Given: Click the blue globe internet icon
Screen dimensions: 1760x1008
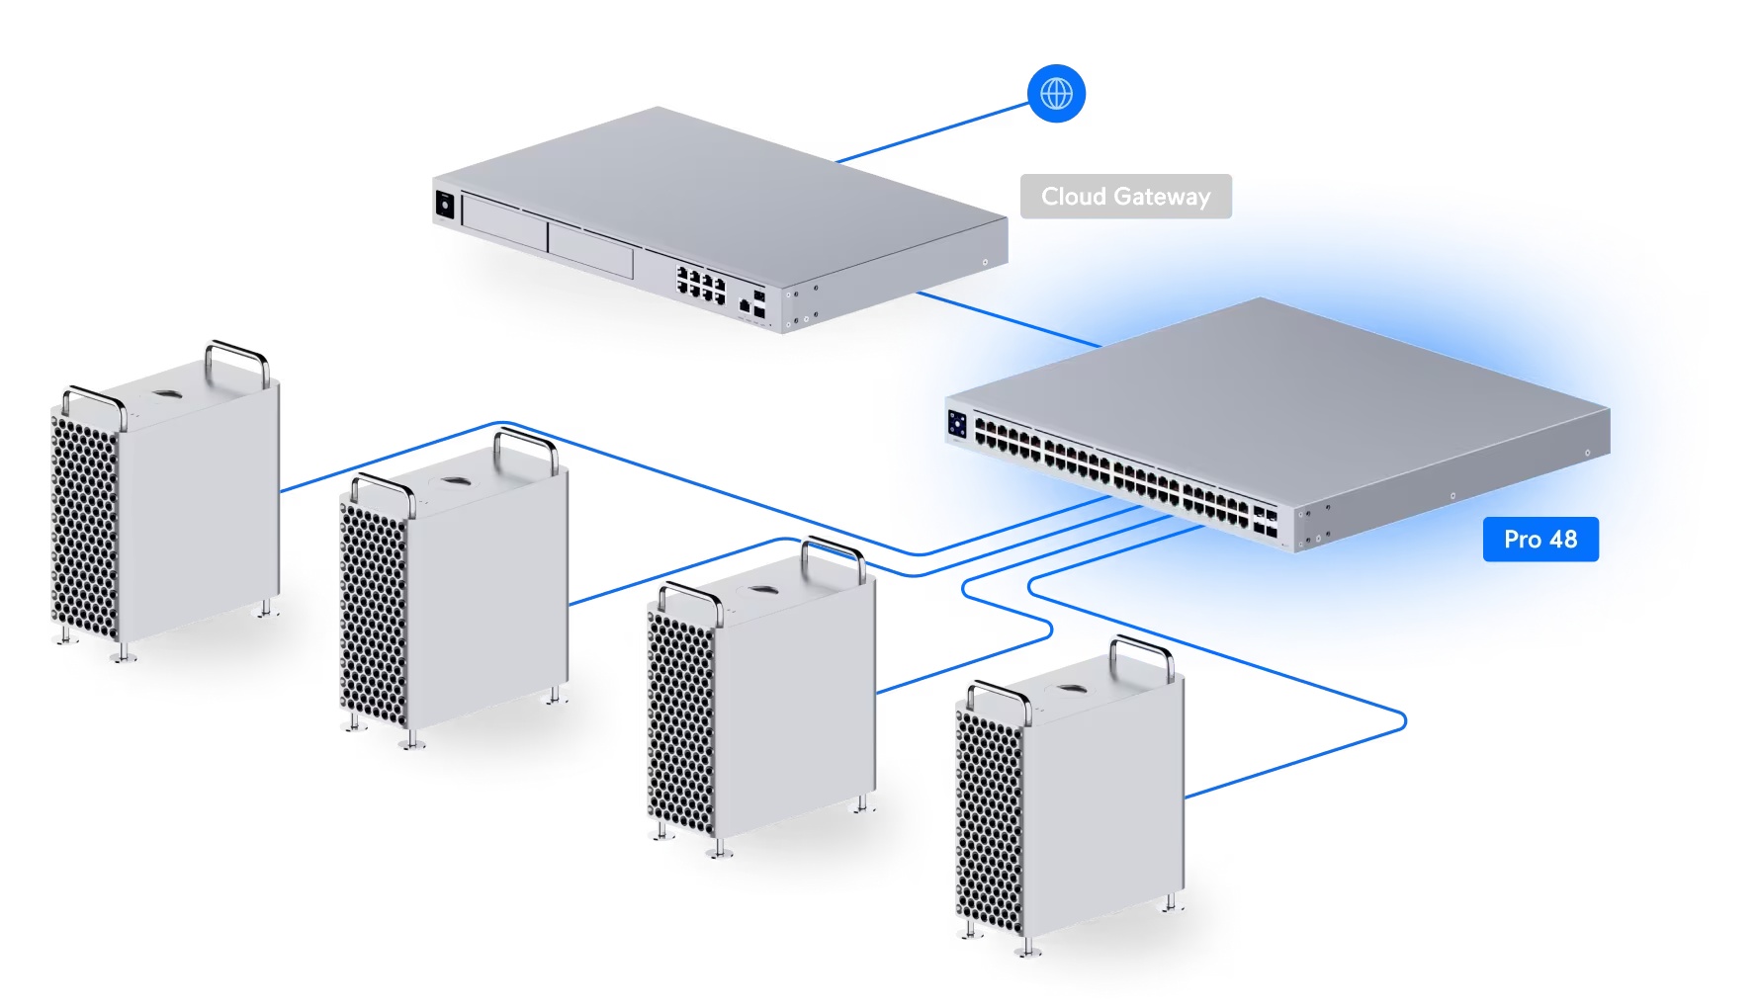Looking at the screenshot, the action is (1056, 94).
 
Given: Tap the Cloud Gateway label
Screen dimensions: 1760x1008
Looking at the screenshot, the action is (1125, 196).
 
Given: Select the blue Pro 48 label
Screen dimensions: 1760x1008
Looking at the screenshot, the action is (1540, 540).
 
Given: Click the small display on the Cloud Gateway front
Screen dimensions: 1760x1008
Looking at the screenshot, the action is (445, 205).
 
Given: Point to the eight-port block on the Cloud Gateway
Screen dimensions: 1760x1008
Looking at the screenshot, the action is (701, 283).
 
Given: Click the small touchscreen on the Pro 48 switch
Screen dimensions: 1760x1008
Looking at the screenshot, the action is (957, 424).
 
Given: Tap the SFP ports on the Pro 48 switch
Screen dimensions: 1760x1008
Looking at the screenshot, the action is (1265, 521).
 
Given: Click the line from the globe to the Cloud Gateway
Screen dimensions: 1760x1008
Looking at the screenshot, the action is (932, 131).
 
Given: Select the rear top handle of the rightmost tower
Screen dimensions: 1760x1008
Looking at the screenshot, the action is (1142, 657).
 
